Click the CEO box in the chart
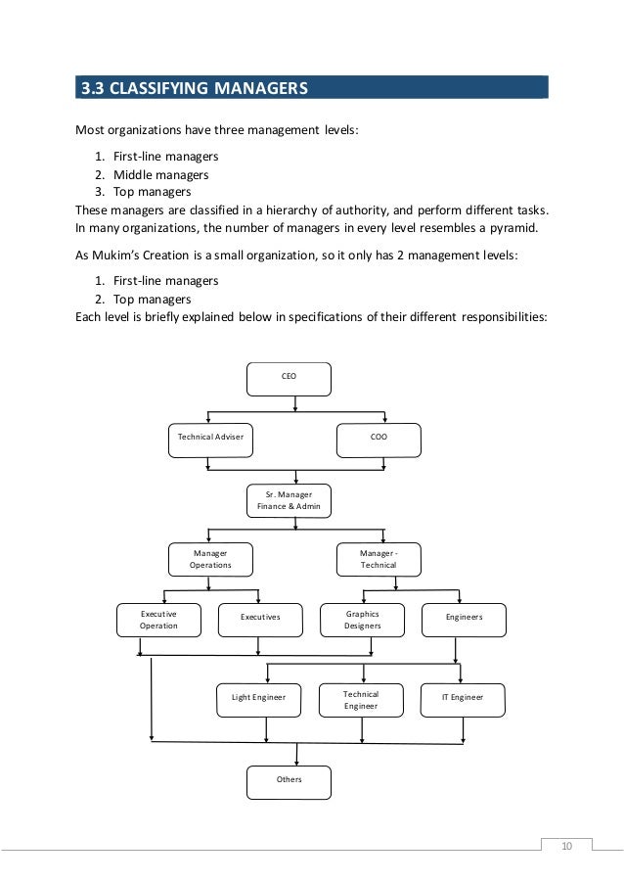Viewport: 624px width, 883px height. point(289,377)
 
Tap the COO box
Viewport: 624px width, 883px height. point(378,439)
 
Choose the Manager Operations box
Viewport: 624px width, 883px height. point(210,559)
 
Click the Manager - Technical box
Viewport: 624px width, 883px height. point(379,559)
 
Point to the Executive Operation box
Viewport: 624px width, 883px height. point(158,618)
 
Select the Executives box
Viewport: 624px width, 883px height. point(260,618)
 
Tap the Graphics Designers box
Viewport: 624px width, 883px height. point(362,618)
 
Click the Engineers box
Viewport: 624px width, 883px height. point(464,618)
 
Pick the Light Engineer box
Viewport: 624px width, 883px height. point(258,698)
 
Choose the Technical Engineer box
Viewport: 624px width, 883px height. point(361,698)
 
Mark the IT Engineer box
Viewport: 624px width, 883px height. point(462,698)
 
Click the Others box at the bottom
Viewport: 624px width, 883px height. point(289,780)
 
